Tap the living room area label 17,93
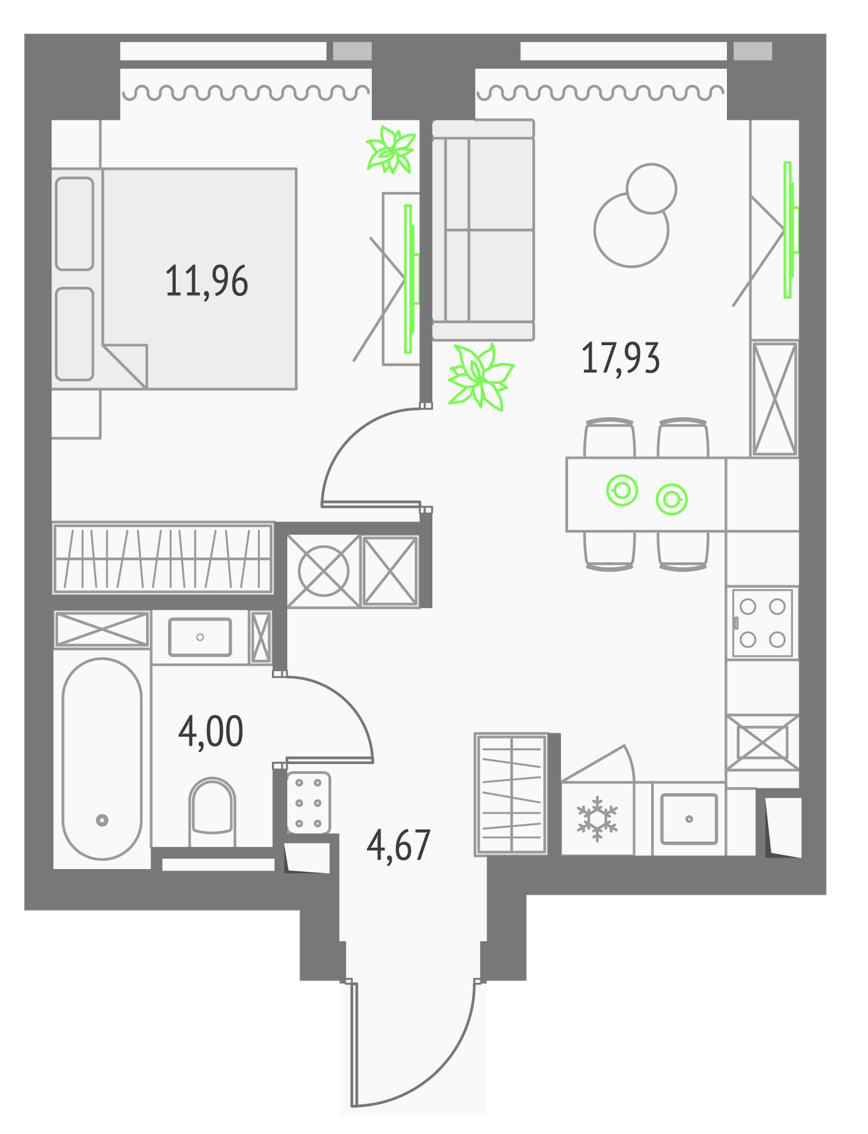coord(620,358)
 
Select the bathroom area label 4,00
coord(210,731)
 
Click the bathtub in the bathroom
coord(102,759)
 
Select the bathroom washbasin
coord(200,637)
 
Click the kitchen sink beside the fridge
coord(689,819)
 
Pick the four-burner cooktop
coord(762,622)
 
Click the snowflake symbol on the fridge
coord(597,819)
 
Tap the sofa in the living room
coord(483,230)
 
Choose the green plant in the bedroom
coord(391,150)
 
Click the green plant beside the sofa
coord(480,376)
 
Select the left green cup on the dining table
coord(622,490)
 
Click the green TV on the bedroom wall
coord(411,279)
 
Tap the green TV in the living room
coord(790,230)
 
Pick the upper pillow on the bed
coord(74,224)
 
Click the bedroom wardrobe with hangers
coord(163,558)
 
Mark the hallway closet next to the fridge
coord(511,794)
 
